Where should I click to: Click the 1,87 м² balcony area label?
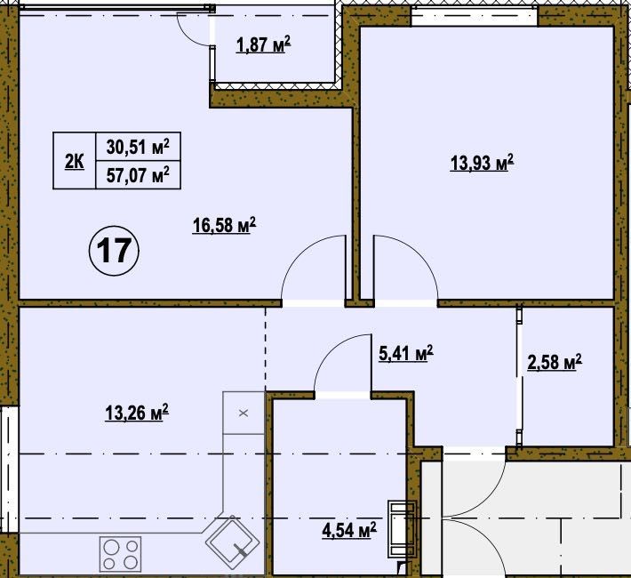263,44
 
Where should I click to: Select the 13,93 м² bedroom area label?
482,163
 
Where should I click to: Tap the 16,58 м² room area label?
224,225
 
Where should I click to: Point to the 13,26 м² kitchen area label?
137,413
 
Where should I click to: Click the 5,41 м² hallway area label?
406,353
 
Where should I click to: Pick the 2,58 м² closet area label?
555,362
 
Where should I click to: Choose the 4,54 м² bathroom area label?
349,530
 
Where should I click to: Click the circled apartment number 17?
114,251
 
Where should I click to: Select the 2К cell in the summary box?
75,162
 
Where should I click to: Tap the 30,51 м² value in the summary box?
138,147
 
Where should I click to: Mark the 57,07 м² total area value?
138,175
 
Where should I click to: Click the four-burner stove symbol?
120,554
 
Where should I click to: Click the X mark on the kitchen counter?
244,413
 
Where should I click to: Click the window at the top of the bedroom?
475,17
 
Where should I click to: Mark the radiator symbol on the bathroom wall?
401,529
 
